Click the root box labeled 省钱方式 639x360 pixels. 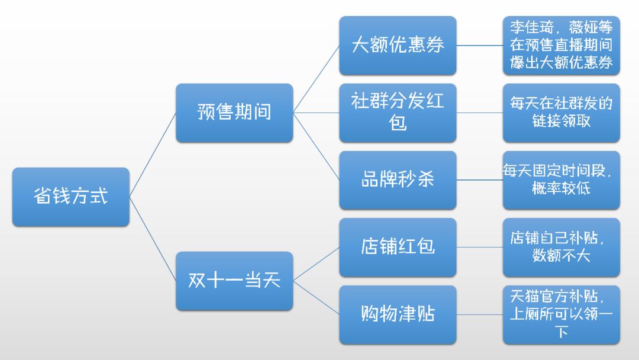tap(70, 197)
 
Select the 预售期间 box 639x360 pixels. tap(234, 112)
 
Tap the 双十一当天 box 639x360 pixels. tap(234, 281)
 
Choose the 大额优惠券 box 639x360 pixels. tap(398, 46)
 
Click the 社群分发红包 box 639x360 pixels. tap(398, 112)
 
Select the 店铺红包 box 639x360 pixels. tap(398, 247)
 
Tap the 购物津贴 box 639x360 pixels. tap(398, 314)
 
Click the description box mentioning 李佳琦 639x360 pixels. tap(561, 46)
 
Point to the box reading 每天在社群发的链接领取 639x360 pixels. tap(561, 112)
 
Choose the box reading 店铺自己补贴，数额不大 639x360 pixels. tap(561, 247)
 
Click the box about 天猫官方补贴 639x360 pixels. tap(561, 314)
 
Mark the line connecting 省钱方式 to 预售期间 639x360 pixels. tap(153, 155)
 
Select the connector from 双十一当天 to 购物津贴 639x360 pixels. tap(316, 297)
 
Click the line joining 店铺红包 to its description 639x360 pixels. tap(479, 247)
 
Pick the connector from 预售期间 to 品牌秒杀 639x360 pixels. tap(316, 146)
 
